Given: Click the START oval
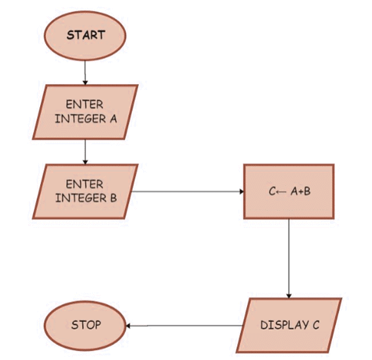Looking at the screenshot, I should [85, 35].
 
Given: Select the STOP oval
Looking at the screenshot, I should [85, 325].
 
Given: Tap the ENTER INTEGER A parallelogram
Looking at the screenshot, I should [85, 112].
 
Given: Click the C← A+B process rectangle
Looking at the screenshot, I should [289, 192].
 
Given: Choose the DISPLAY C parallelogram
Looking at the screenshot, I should [290, 325].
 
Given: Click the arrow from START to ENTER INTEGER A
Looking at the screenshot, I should [85, 72].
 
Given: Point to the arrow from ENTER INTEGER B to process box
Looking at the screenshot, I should [187, 192].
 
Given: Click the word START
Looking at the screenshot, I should [85, 35].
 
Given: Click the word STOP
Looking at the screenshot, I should [85, 325].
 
